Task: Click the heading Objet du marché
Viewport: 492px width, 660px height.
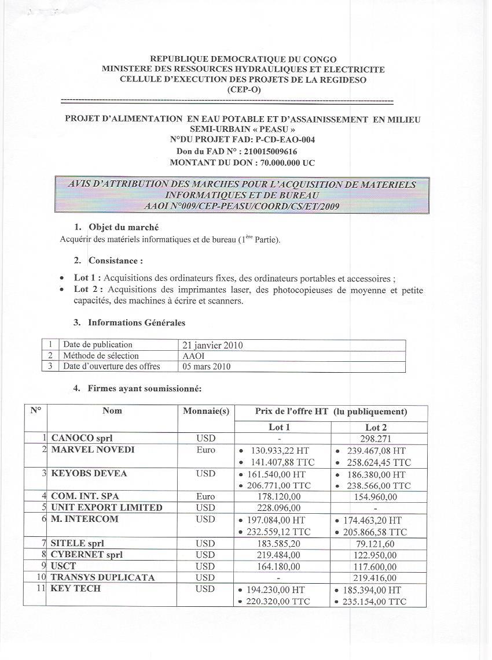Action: (x=123, y=228)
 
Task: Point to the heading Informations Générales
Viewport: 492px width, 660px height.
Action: (x=137, y=322)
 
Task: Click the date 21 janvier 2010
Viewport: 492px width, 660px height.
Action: (x=212, y=346)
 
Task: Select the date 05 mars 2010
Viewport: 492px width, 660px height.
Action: (x=206, y=366)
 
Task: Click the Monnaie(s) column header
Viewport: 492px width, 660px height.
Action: (x=206, y=411)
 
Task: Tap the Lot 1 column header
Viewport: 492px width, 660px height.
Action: (x=280, y=428)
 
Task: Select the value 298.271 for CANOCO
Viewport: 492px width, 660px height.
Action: (x=376, y=439)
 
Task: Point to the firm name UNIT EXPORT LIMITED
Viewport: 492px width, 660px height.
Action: (x=107, y=507)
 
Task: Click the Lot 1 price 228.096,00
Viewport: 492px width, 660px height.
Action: (x=278, y=508)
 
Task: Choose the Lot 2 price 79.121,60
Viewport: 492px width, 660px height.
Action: (x=377, y=543)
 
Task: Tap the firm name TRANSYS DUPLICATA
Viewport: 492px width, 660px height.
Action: (x=102, y=577)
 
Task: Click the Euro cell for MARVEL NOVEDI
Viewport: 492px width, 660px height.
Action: (x=205, y=450)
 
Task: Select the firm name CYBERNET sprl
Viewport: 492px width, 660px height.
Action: (x=86, y=554)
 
